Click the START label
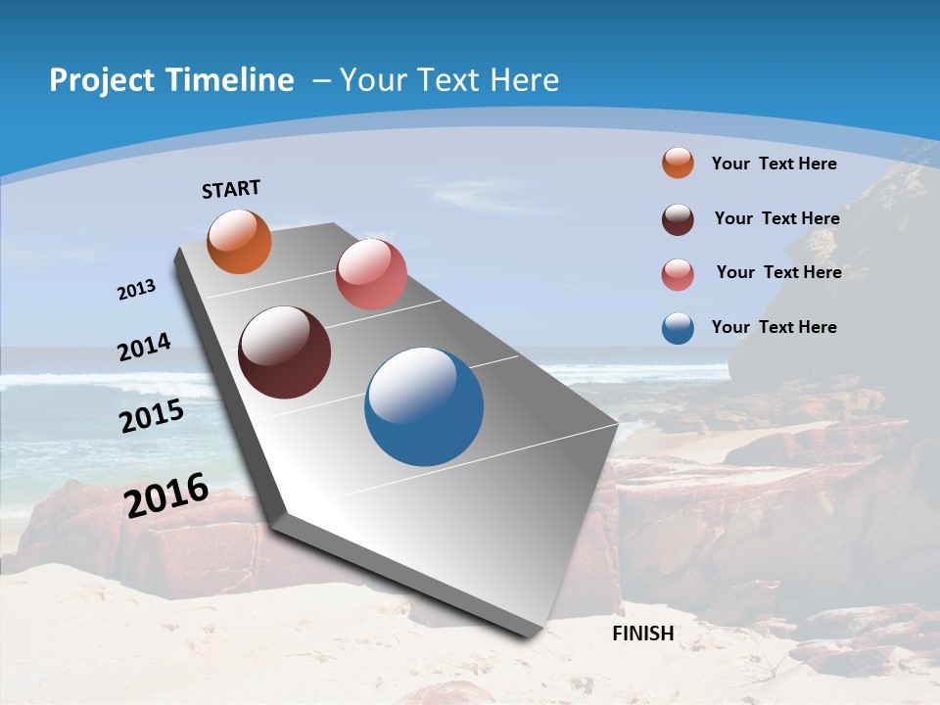pyautogui.click(x=231, y=188)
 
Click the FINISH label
pyautogui.click(x=642, y=634)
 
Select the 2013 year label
pyautogui.click(x=136, y=290)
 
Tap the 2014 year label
pyautogui.click(x=144, y=348)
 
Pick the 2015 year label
pyautogui.click(x=152, y=416)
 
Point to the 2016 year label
pyautogui.click(x=166, y=495)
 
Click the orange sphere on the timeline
pyautogui.click(x=239, y=242)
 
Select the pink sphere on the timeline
pyautogui.click(x=371, y=274)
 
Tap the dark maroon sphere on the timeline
pyautogui.click(x=284, y=352)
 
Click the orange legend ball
pyautogui.click(x=678, y=163)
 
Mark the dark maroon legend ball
pyautogui.click(x=678, y=219)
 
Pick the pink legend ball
pyautogui.click(x=678, y=274)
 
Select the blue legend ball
pyautogui.click(x=678, y=328)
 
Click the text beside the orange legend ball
pyautogui.click(x=774, y=164)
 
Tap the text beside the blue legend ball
pyautogui.click(x=774, y=327)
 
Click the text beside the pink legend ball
pyautogui.click(x=778, y=272)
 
